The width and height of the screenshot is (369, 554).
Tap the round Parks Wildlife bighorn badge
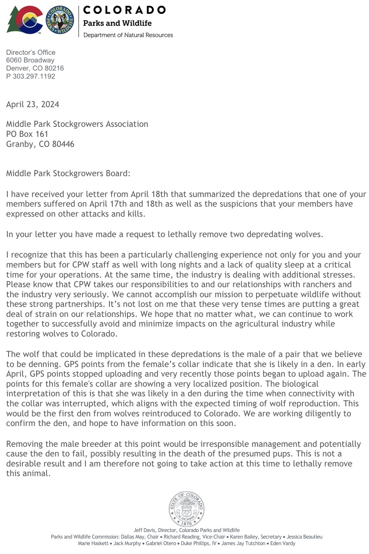[60, 20]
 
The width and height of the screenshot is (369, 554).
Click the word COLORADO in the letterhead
[124, 10]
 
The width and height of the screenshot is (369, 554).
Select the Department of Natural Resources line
[128, 35]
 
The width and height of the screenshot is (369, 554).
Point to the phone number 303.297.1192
[34, 76]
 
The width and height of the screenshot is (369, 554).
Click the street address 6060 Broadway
[30, 60]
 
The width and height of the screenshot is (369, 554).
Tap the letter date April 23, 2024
[33, 104]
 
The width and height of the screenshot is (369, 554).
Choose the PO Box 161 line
[27, 134]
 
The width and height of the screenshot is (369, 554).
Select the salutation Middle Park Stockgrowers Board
[68, 173]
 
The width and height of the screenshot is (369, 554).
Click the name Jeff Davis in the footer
[143, 530]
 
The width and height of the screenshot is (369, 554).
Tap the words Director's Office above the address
[31, 52]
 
